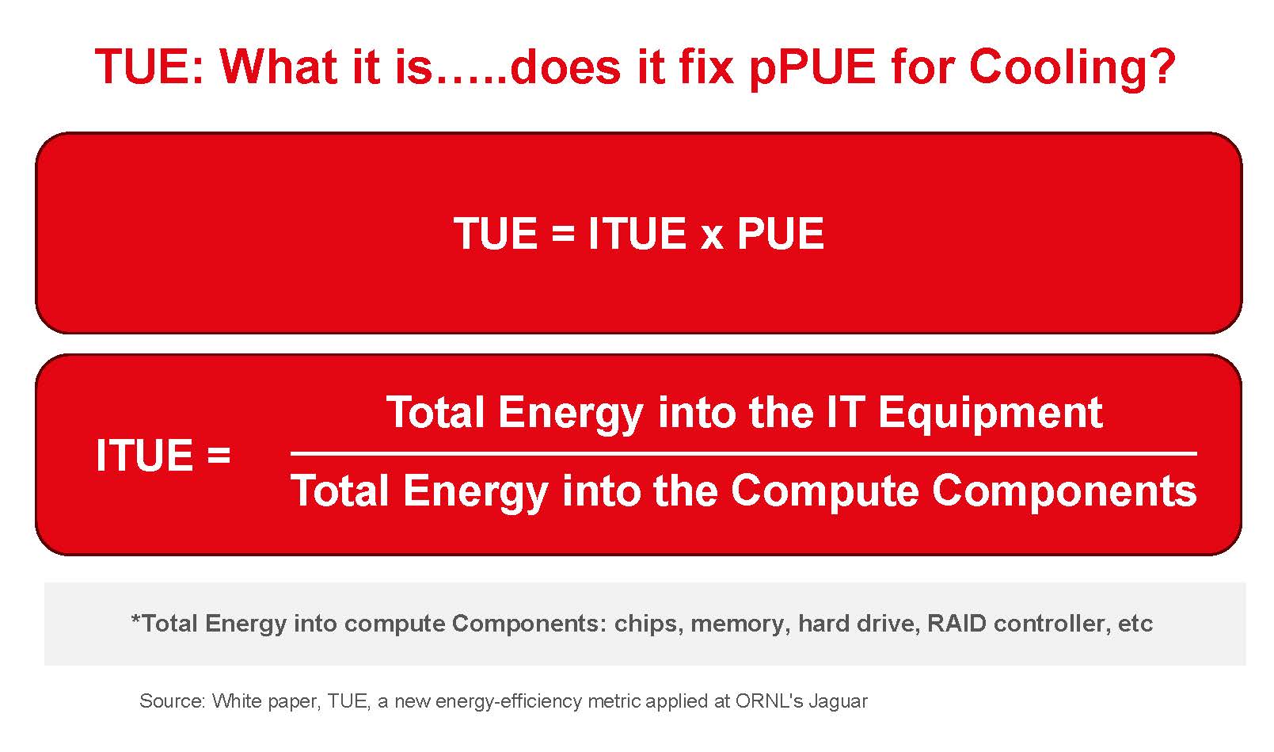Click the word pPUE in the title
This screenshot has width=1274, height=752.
[811, 67]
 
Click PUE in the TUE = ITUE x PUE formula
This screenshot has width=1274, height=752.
[781, 234]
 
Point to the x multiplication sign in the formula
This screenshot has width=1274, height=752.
[711, 235]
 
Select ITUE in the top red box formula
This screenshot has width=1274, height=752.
[637, 234]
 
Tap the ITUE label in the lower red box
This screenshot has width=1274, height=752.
[143, 456]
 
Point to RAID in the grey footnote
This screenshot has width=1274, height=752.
[956, 624]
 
